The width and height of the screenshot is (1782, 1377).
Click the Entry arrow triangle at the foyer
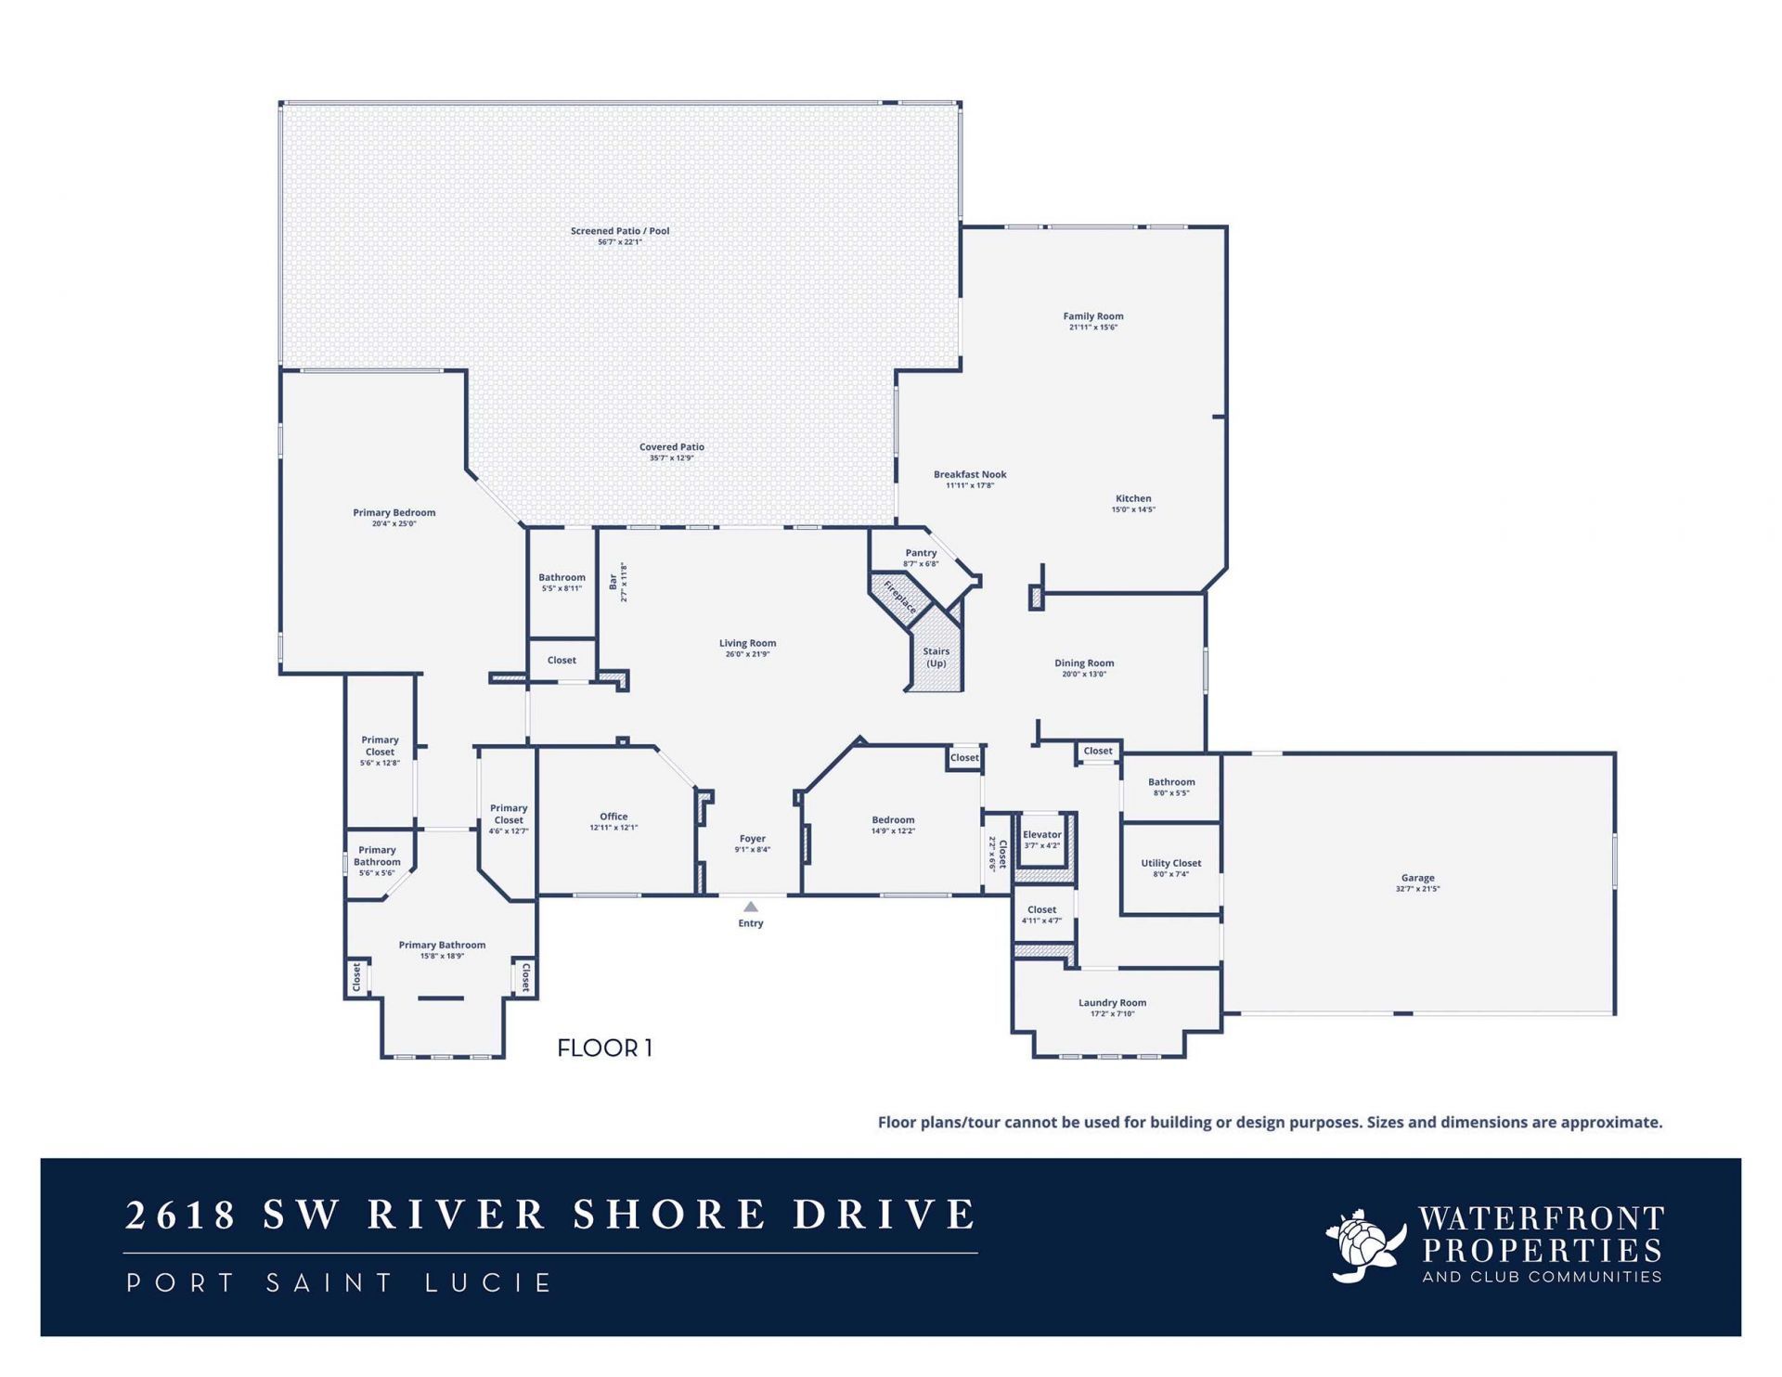point(751,907)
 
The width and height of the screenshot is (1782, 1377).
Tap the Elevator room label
point(1041,834)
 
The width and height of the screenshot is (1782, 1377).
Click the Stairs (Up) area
point(936,657)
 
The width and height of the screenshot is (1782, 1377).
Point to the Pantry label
point(921,553)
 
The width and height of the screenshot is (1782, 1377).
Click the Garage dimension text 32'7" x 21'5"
point(1417,889)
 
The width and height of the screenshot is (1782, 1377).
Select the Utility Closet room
point(1170,868)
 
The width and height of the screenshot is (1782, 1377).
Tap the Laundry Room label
point(1112,1002)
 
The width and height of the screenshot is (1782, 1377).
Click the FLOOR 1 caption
point(604,1048)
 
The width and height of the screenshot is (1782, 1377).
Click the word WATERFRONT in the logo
point(1541,1218)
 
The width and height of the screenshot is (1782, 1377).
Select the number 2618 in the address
point(181,1215)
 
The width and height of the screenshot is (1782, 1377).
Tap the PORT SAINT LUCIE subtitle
point(340,1282)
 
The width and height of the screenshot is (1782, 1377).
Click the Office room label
point(613,817)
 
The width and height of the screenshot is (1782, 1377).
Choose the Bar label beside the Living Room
point(613,582)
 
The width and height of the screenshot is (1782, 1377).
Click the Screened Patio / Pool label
point(619,231)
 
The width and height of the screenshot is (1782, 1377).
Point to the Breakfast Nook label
point(970,474)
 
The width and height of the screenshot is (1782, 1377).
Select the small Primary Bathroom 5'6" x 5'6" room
point(377,861)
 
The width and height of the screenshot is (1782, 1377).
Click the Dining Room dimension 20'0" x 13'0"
point(1084,675)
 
